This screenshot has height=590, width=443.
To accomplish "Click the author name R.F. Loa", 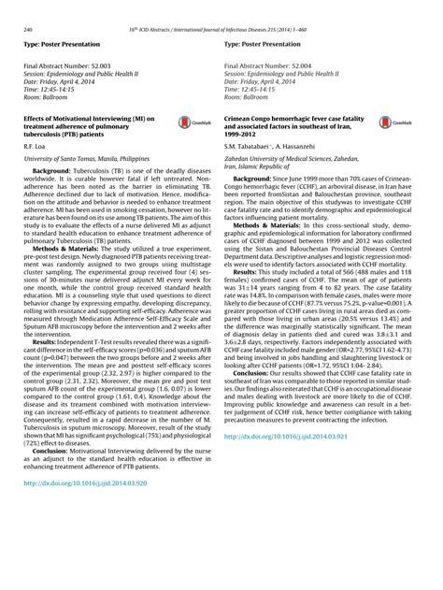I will coord(35,148).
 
